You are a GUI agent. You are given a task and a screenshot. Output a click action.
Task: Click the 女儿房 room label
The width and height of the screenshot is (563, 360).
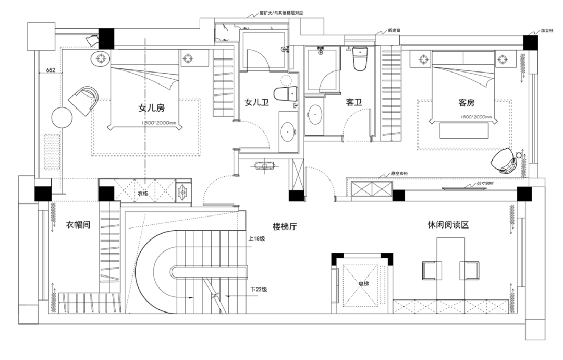pyautogui.click(x=151, y=108)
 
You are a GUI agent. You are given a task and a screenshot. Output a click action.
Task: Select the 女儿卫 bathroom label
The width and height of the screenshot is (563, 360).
pyautogui.click(x=257, y=103)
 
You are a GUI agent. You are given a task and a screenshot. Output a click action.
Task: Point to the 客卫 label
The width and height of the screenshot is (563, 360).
pyautogui.click(x=353, y=103)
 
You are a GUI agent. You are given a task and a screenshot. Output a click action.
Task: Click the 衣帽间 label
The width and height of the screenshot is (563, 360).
pyautogui.click(x=78, y=225)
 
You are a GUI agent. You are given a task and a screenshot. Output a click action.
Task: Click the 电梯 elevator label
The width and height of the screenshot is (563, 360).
pyautogui.click(x=363, y=284)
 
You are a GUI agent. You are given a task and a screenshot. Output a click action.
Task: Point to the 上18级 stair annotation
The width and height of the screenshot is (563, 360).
pyautogui.click(x=257, y=239)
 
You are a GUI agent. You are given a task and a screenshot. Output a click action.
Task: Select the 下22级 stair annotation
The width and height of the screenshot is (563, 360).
pyautogui.click(x=259, y=289)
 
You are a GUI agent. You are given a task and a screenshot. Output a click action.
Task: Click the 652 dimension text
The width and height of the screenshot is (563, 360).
pyautogui.click(x=51, y=70)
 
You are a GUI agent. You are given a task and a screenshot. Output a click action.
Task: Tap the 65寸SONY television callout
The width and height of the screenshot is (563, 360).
pyautogui.click(x=486, y=184)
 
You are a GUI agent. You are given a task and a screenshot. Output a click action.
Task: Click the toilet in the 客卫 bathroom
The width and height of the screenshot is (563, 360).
pyautogui.click(x=360, y=58)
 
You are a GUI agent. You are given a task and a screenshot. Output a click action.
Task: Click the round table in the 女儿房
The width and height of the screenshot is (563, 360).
pyautogui.click(x=62, y=117)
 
